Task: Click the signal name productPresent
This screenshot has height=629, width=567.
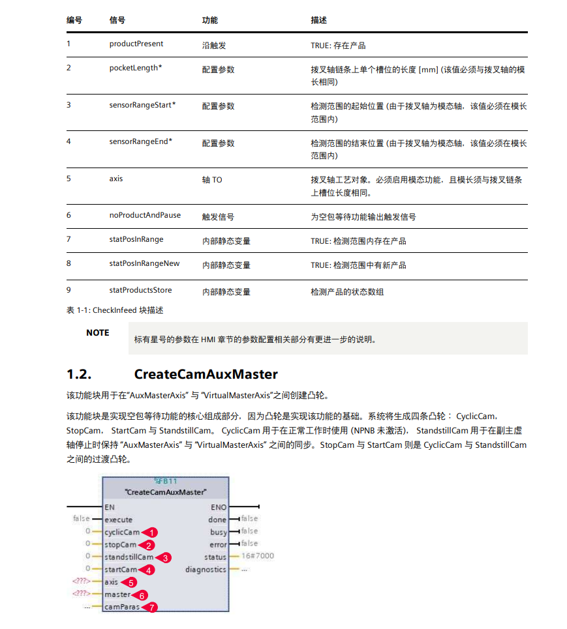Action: pos(136,44)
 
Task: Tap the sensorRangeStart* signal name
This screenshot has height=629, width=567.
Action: pos(142,105)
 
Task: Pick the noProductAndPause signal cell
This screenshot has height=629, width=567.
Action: pos(145,215)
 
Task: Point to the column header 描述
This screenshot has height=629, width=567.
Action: pos(318,20)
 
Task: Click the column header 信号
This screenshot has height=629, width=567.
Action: pos(117,20)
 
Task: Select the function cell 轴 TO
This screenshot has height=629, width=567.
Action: pos(211,179)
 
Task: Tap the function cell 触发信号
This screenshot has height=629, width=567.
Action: pos(218,216)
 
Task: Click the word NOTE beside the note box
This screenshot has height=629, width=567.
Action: pos(98,333)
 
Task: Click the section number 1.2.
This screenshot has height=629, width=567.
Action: pos(79,374)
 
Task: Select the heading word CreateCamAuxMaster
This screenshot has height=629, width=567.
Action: pos(206,374)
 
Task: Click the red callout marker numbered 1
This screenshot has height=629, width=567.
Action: pos(151,533)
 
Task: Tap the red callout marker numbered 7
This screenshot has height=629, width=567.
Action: pos(151,607)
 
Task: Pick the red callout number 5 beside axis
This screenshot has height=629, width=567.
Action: pos(130,582)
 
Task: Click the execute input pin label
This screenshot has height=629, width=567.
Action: pos(118,519)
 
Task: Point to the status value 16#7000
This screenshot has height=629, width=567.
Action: pos(258,557)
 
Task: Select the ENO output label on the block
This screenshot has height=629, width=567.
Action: pos(219,506)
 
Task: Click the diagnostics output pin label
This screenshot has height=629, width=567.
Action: pos(206,569)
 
